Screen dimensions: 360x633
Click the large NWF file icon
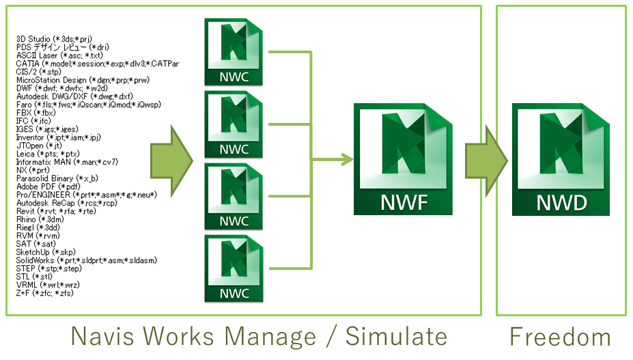pos(402,159)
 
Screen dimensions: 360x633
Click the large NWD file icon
pos(560,159)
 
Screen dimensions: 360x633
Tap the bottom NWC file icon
pos(234,268)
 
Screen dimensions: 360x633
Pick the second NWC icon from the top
pos(234,124)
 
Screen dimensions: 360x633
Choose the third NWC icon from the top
pos(234,196)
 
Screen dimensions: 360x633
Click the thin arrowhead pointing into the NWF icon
pos(348,161)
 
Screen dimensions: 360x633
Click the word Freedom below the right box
pos(560,337)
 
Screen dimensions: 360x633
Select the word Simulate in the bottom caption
pos(396,337)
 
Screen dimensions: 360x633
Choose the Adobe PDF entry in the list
pos(48,186)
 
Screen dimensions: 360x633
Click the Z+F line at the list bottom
pos(45,293)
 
